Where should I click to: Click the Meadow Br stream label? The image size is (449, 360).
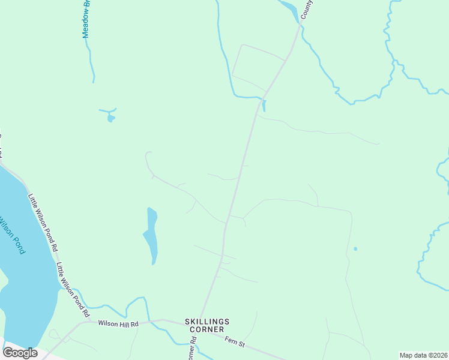(86, 19)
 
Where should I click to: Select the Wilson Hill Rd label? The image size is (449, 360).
(118, 324)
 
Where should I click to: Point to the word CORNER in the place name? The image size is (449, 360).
(204, 329)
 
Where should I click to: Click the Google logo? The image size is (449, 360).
(20, 353)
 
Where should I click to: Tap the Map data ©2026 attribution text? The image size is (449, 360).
(423, 355)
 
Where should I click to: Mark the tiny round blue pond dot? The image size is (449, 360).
(355, 248)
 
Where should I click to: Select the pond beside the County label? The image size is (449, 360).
(288, 8)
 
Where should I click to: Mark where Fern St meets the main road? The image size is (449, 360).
(202, 324)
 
